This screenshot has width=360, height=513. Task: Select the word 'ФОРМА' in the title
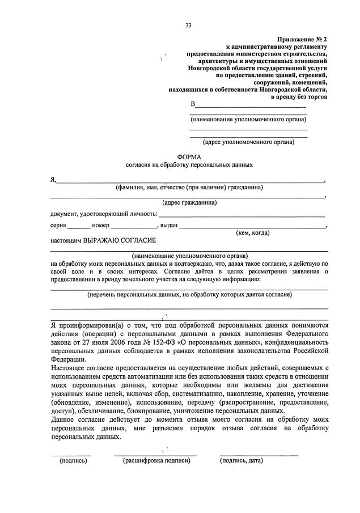click(x=189, y=156)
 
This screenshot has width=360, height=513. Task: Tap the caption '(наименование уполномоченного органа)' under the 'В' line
click(x=248, y=120)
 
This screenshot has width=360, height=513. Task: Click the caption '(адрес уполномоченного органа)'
click(x=248, y=142)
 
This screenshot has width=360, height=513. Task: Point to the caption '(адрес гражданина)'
click(x=189, y=202)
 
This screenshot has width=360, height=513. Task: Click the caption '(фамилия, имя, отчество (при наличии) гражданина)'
click(x=189, y=187)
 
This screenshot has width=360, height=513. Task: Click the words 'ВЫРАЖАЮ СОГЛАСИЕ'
click(x=120, y=240)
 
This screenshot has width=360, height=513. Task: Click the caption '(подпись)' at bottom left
click(x=73, y=461)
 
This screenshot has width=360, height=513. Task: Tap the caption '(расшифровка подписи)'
click(x=156, y=461)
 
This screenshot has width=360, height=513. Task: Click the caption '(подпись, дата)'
click(x=242, y=461)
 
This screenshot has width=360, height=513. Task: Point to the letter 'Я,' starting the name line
click(x=53, y=180)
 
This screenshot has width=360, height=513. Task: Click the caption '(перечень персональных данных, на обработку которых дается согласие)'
click(x=189, y=295)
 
